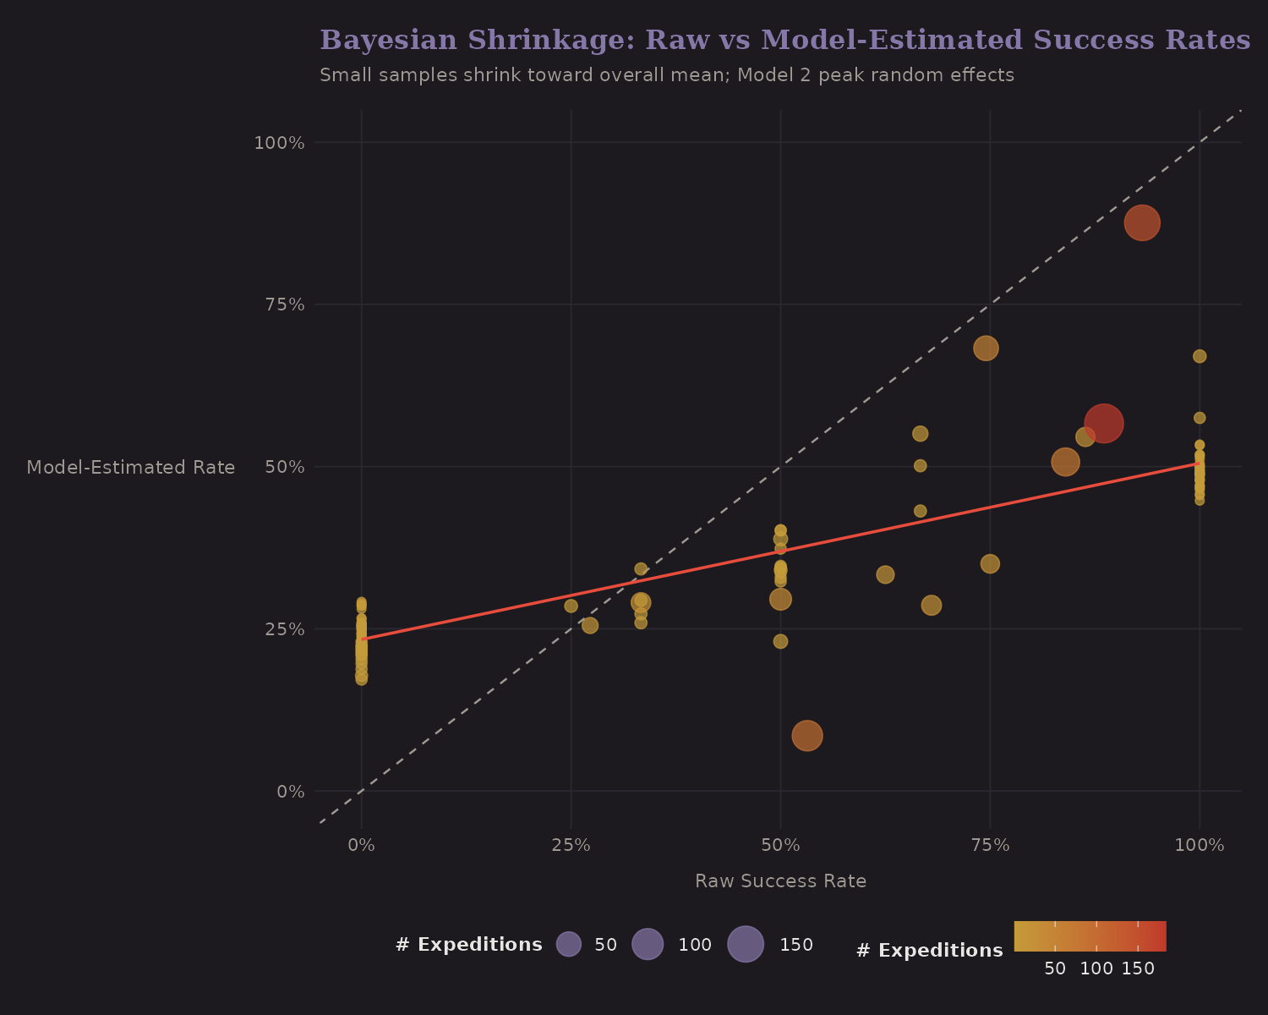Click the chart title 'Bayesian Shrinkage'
click(x=784, y=40)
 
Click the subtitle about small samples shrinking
click(x=666, y=75)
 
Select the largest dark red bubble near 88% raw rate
click(x=1103, y=423)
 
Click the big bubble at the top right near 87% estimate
click(x=1141, y=222)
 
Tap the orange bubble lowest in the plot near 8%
click(x=807, y=736)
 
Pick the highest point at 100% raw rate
click(x=1200, y=356)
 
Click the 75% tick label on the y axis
click(x=279, y=304)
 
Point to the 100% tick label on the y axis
click(x=279, y=142)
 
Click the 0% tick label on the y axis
click(x=290, y=792)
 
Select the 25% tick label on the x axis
click(x=571, y=846)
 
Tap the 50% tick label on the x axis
click(x=780, y=846)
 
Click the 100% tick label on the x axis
click(x=1199, y=846)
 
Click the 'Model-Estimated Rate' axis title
click(x=131, y=468)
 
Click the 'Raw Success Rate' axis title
click(x=780, y=881)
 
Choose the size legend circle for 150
click(x=746, y=944)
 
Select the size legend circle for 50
click(x=569, y=944)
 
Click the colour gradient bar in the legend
click(x=1090, y=935)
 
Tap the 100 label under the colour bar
click(x=1096, y=969)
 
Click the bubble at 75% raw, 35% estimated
click(x=990, y=563)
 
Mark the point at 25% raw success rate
click(x=571, y=606)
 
